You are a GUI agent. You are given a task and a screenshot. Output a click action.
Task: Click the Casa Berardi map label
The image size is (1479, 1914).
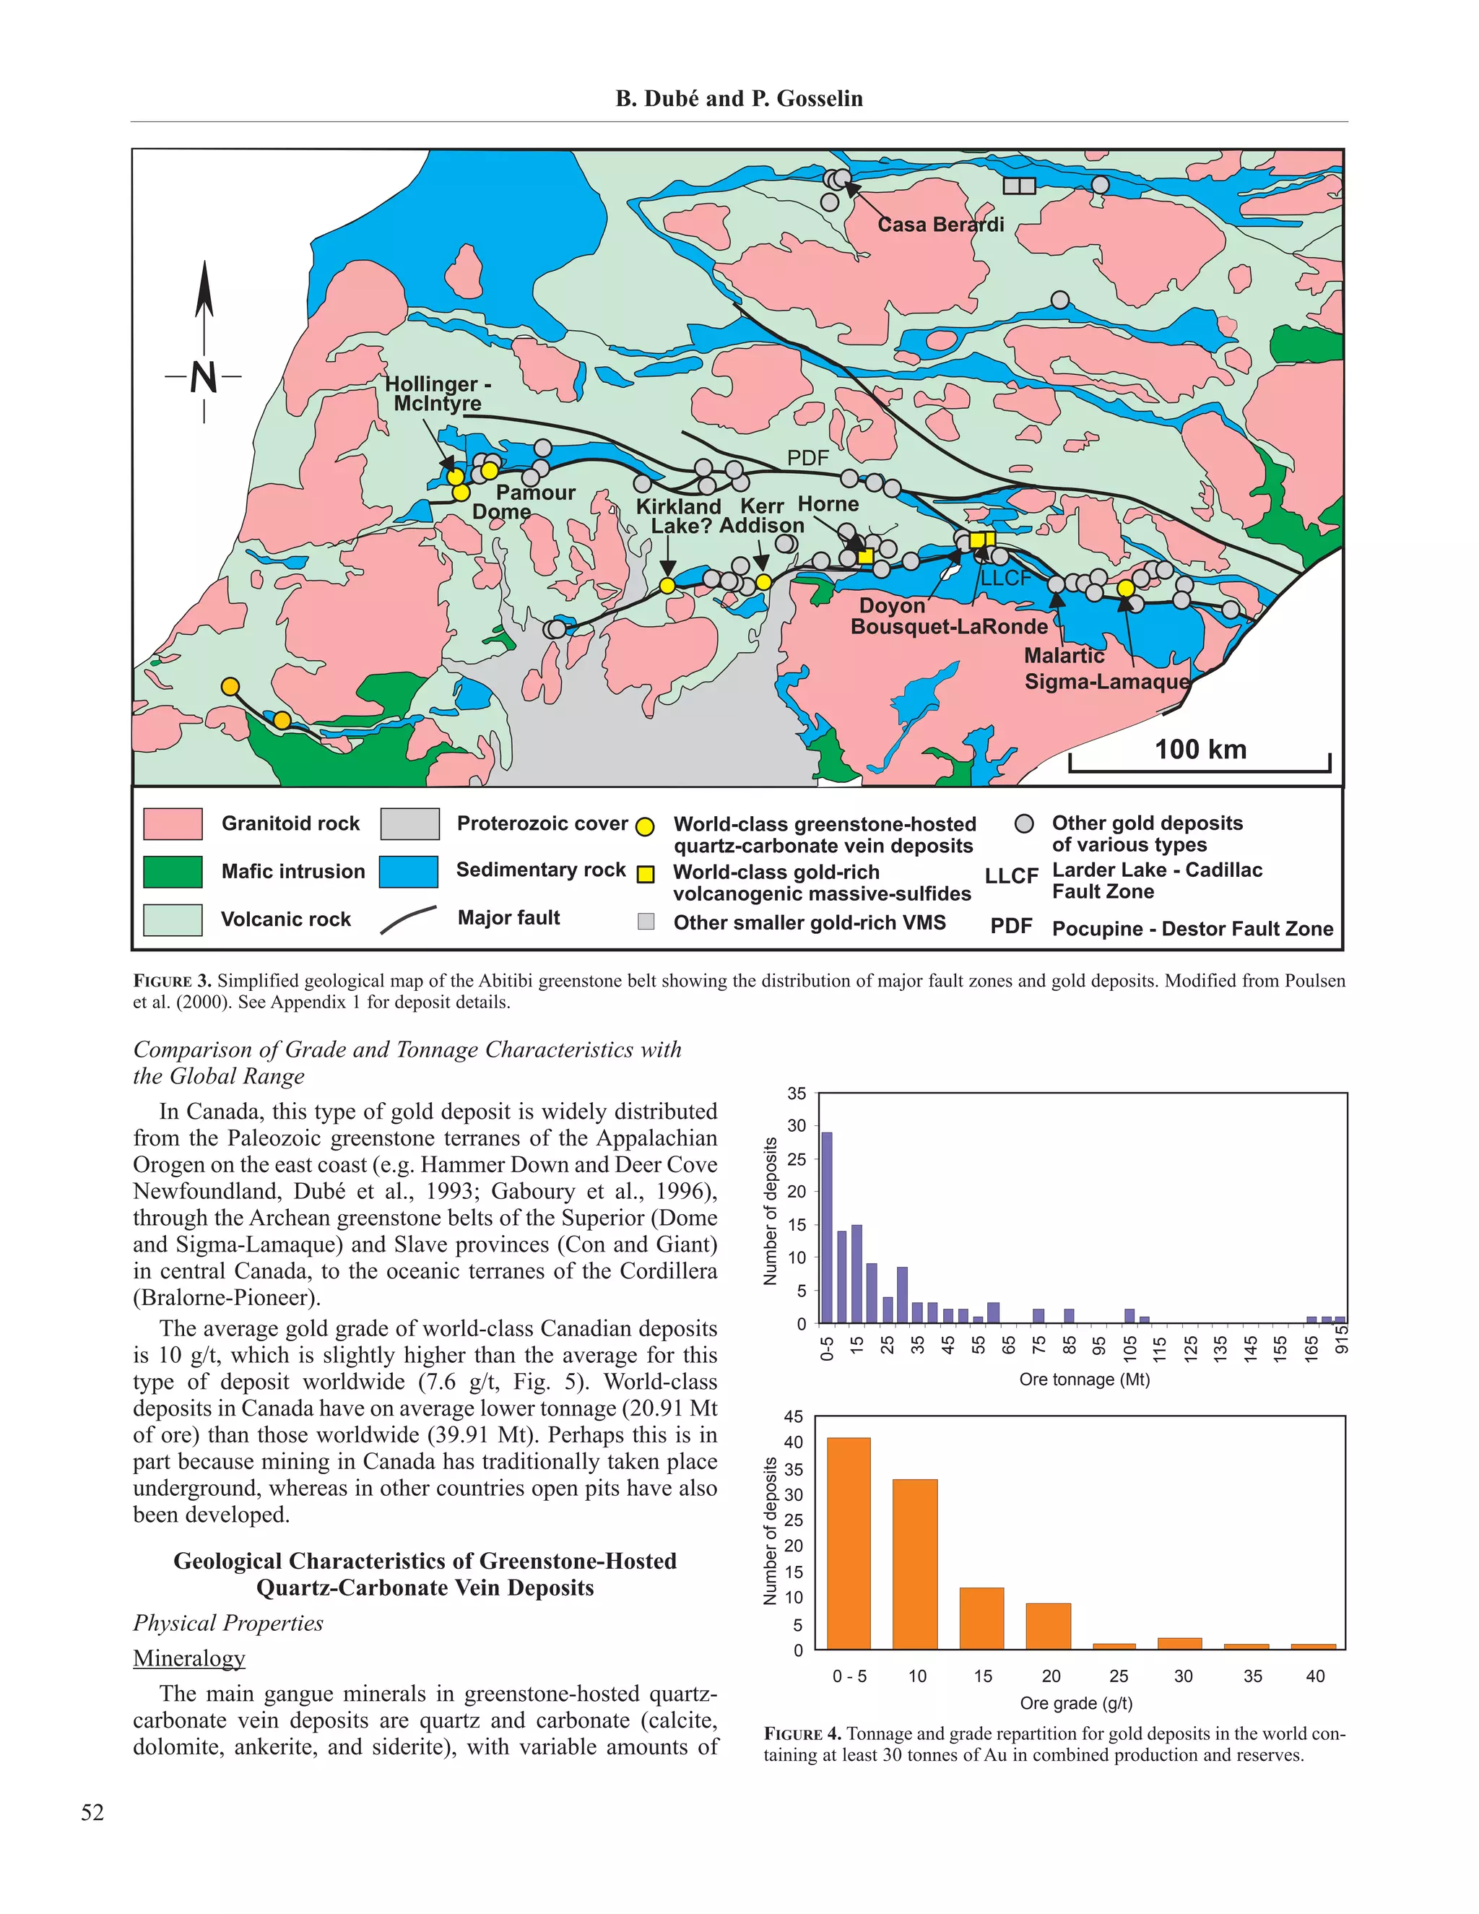[940, 225]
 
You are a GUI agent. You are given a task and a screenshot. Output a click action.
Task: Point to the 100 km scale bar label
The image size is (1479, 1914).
[1200, 749]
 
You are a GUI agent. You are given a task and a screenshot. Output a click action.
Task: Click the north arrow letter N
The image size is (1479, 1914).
[203, 378]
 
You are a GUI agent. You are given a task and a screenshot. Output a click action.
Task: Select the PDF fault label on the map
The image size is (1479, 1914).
[807, 457]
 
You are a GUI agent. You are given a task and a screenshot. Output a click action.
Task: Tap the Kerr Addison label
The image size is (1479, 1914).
[761, 516]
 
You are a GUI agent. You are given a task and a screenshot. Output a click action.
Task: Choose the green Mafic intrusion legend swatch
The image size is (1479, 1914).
[173, 872]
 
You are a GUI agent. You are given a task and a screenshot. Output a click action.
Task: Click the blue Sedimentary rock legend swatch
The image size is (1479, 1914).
[408, 872]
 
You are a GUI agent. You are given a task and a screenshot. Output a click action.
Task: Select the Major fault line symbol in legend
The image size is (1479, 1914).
[408, 919]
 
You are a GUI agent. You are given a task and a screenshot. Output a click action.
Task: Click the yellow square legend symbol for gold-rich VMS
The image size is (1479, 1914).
[646, 874]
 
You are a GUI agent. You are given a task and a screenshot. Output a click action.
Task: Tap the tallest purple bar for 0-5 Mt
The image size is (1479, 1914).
[826, 1227]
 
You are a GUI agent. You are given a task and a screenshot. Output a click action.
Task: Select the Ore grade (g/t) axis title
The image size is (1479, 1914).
[1076, 1703]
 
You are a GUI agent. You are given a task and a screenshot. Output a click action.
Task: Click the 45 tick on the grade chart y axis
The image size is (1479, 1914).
[793, 1417]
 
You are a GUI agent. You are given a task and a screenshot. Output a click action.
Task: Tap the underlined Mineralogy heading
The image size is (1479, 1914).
[189, 1658]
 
